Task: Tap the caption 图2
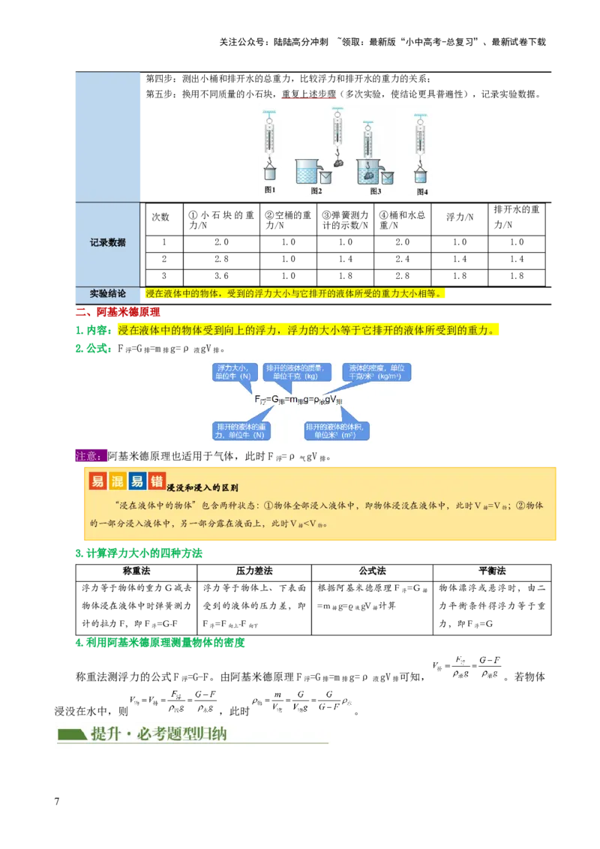pyautogui.click(x=316, y=191)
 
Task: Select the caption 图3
pyautogui.click(x=376, y=191)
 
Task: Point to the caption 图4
pyautogui.click(x=422, y=191)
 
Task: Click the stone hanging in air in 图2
pyautogui.click(x=338, y=162)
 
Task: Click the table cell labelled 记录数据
pyautogui.click(x=107, y=243)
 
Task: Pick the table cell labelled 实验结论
pyautogui.click(x=107, y=293)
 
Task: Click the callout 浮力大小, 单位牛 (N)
pyautogui.click(x=237, y=372)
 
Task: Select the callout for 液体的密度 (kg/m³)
pyautogui.click(x=376, y=372)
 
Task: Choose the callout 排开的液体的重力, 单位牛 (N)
pyautogui.click(x=241, y=430)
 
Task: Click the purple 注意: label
pyautogui.click(x=91, y=455)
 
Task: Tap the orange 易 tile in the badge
pyautogui.click(x=97, y=481)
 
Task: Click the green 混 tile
pyautogui.click(x=117, y=481)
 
